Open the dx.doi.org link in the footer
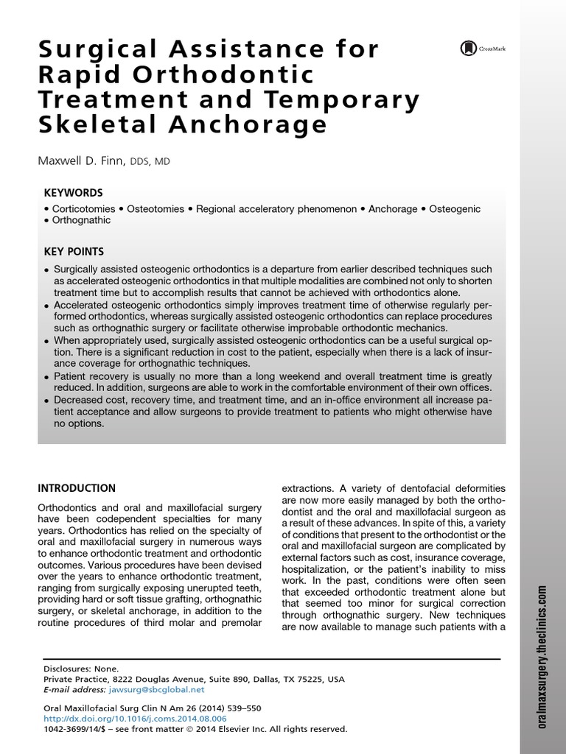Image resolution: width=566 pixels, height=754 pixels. point(135,718)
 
